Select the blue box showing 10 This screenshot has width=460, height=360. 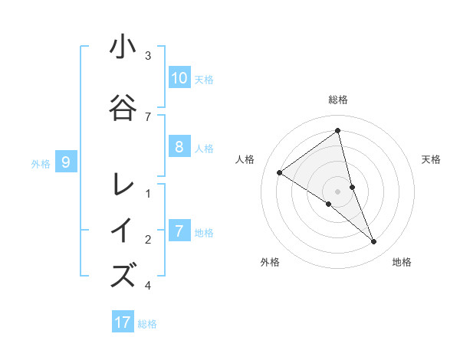pyautogui.click(x=179, y=78)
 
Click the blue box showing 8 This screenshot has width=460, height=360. pyautogui.click(x=179, y=148)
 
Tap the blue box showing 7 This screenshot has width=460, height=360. pyautogui.click(x=179, y=231)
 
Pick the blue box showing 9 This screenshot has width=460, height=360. pyautogui.click(x=66, y=162)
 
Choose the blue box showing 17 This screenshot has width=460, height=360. pyautogui.click(x=123, y=322)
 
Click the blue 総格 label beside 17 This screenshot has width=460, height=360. pyautogui.click(x=147, y=324)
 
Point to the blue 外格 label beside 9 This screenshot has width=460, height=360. pyautogui.click(x=41, y=163)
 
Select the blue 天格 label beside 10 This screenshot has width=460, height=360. pyautogui.click(x=203, y=80)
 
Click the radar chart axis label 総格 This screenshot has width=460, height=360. pyautogui.click(x=337, y=100)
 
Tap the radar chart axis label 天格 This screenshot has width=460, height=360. pyautogui.click(x=432, y=159)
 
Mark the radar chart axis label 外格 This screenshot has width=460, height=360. pyautogui.click(x=270, y=262)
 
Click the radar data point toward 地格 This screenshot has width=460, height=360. pyautogui.click(x=374, y=242)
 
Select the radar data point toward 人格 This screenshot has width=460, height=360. pyautogui.click(x=280, y=172)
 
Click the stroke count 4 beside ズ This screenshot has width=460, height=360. pyautogui.click(x=148, y=286)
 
